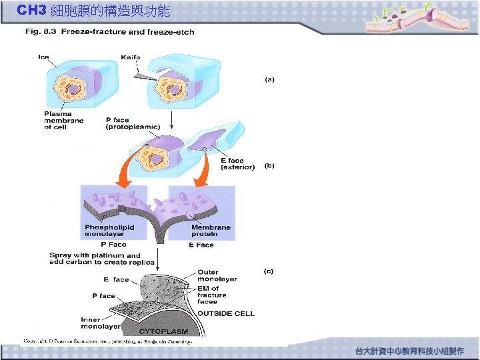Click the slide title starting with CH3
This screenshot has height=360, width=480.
[93, 11]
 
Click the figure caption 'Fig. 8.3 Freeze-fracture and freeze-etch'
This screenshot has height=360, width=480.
[110, 32]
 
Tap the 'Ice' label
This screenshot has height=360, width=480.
[43, 57]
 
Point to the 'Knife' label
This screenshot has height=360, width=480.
[131, 57]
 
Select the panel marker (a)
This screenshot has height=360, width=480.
[269, 79]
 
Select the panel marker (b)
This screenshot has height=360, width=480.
[269, 165]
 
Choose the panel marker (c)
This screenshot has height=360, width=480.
[269, 271]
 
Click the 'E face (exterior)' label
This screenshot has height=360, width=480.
[237, 164]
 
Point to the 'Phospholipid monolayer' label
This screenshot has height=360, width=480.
[109, 231]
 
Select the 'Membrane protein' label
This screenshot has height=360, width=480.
[211, 231]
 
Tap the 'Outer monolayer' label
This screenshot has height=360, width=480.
[217, 276]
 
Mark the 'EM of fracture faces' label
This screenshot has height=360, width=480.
[212, 295]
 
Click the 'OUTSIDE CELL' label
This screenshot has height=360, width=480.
[225, 313]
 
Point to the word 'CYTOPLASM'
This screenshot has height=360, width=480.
[163, 331]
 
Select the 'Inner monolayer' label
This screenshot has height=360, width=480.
[101, 323]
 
